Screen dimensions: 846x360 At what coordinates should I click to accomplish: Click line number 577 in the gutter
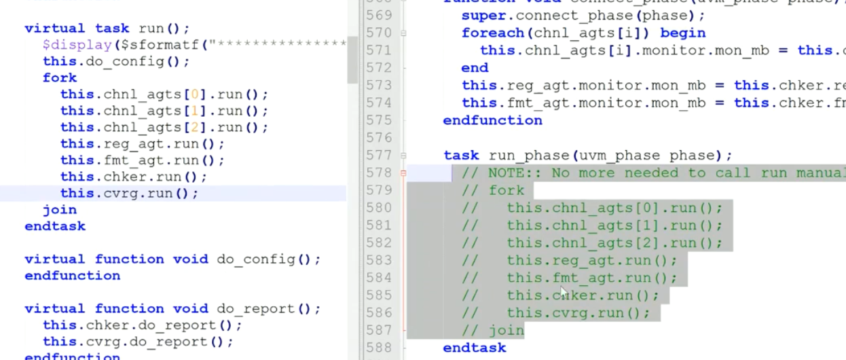378,156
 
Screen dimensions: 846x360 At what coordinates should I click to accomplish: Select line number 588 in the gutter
378,348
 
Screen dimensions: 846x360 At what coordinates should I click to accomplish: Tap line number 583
378,260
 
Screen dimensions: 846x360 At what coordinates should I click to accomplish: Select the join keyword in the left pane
60,210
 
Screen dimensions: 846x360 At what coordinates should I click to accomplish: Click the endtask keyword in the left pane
55,226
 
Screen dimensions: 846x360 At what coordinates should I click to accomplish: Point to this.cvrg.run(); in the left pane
129,194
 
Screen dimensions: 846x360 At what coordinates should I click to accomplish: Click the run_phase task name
525,156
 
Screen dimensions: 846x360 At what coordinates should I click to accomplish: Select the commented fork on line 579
507,190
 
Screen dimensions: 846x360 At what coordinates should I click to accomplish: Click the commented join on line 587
507,331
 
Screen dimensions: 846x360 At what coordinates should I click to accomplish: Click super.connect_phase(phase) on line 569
583,15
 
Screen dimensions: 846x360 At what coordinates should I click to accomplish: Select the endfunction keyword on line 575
492,120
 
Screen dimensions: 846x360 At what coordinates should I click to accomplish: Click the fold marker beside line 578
403,173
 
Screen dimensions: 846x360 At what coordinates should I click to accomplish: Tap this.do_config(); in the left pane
116,61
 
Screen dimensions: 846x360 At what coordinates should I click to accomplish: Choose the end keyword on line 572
475,68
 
